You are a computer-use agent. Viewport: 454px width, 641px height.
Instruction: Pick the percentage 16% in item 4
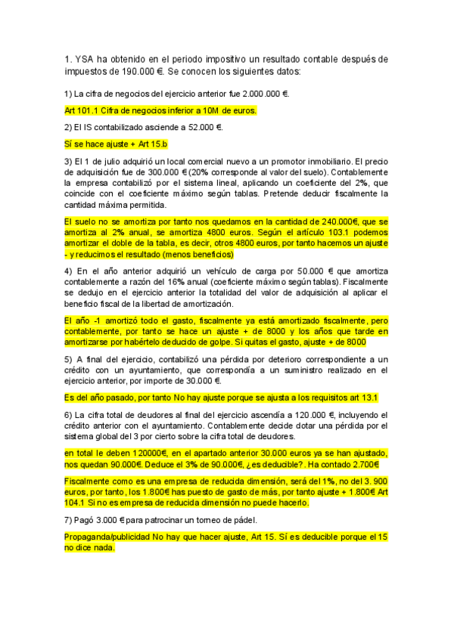(x=165, y=281)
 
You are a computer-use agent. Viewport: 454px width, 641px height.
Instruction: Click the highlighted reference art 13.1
(x=362, y=397)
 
